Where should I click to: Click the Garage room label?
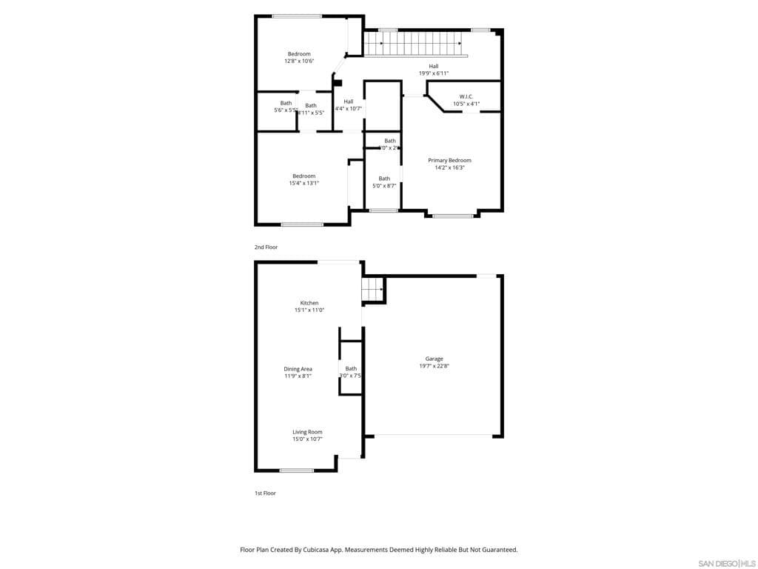point(434,359)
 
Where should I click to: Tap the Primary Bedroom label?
point(449,160)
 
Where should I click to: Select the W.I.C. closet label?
point(466,96)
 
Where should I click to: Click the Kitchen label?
point(309,302)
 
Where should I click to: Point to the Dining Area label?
point(298,368)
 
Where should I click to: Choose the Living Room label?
point(307,432)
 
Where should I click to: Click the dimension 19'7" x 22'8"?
point(434,366)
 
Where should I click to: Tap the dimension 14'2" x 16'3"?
point(449,167)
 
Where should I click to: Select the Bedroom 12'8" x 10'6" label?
point(299,53)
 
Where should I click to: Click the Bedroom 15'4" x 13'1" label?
point(303,176)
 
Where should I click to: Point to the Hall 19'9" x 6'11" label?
point(434,67)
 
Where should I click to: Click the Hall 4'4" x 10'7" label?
point(348,102)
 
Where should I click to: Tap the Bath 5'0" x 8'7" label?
point(384,179)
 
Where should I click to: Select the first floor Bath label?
point(351,368)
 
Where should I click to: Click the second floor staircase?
point(415,44)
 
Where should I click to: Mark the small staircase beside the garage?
point(372,290)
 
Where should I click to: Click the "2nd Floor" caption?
point(266,247)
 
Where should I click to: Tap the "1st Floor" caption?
point(265,493)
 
